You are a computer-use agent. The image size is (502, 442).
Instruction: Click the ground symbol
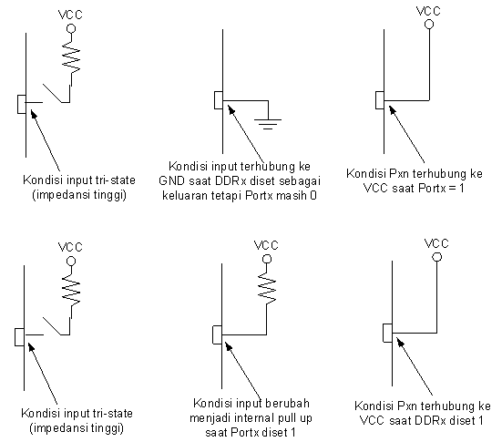point(268,124)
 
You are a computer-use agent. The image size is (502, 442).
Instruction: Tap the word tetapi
point(227,195)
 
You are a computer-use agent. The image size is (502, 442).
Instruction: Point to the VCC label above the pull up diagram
point(266,245)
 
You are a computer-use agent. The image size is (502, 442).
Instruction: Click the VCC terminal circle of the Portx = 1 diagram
point(429,24)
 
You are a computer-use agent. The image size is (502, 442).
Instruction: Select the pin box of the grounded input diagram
point(219,100)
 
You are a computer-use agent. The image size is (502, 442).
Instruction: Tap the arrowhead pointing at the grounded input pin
point(231,109)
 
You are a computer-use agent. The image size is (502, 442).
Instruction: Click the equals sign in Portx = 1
point(453,188)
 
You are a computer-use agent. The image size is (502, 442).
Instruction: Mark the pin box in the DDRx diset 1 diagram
point(388,333)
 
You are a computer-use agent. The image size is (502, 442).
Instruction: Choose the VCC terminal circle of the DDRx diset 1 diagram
point(437,257)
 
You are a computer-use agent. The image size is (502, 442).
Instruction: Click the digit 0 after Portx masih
point(313,195)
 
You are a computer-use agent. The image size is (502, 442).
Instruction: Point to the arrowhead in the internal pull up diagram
point(229,346)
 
